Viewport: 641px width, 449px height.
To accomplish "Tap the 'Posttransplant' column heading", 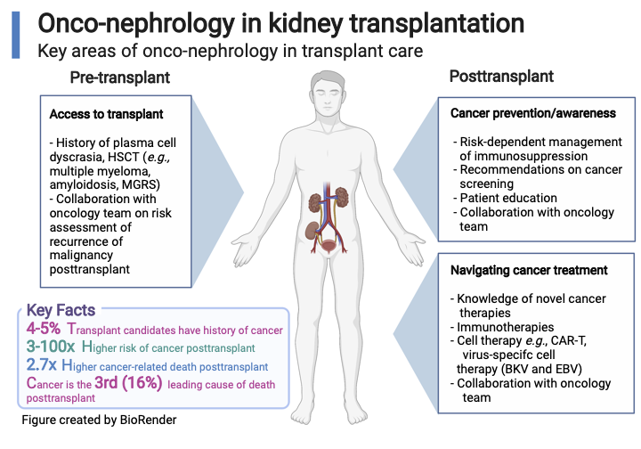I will [x=505, y=78].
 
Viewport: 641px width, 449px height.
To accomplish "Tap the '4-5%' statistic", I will [x=44, y=329].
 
